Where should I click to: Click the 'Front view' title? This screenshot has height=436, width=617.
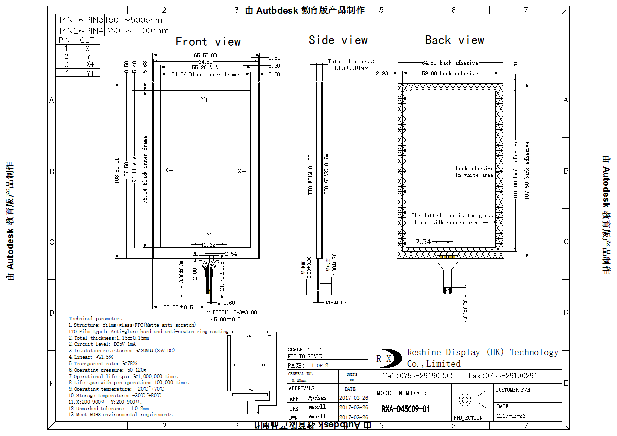[208, 42]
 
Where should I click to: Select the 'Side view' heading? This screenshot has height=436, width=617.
[338, 40]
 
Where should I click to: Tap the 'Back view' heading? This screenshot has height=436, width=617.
[454, 40]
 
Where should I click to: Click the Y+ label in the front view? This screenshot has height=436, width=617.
[205, 100]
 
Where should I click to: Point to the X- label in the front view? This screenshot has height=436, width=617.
[169, 170]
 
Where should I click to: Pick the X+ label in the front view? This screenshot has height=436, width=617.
[242, 171]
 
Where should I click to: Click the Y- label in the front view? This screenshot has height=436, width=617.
[211, 235]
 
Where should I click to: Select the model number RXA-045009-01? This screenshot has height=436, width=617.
[406, 409]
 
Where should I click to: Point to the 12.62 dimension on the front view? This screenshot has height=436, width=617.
[208, 245]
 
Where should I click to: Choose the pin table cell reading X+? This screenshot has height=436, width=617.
[90, 64]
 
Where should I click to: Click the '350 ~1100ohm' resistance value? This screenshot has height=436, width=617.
[137, 31]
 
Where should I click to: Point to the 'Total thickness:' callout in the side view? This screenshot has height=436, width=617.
[351, 61]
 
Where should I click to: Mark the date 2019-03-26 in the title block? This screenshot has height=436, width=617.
[511, 416]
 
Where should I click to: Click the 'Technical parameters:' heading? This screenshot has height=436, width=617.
[97, 318]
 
